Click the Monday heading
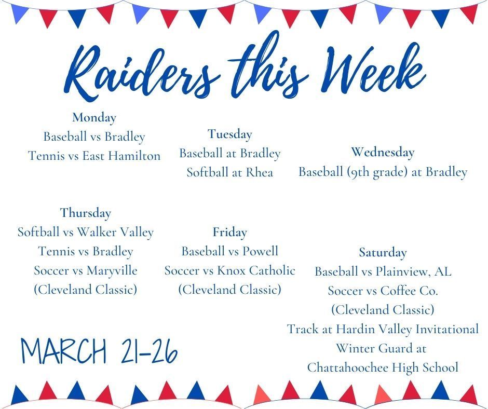click(x=94, y=118)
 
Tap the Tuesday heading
click(x=229, y=134)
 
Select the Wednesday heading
click(x=383, y=152)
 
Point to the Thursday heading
click(x=86, y=213)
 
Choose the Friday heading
click(x=229, y=232)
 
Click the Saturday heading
click(x=383, y=252)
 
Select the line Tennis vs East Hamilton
click(x=94, y=156)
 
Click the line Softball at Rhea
click(x=229, y=172)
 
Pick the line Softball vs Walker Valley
click(x=86, y=232)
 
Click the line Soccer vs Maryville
click(x=86, y=270)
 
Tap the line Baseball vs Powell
click(x=229, y=251)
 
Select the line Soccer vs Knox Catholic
click(x=229, y=270)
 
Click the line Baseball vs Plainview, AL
click(x=383, y=271)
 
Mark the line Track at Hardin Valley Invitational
click(x=383, y=329)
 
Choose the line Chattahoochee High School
click(x=383, y=367)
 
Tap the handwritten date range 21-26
click(x=150, y=350)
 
